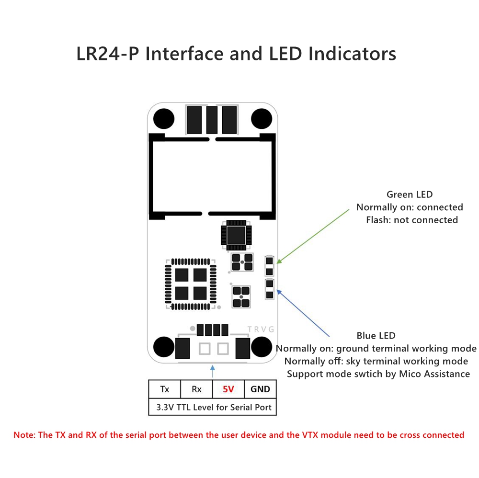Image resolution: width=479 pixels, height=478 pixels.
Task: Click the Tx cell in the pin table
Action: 164,389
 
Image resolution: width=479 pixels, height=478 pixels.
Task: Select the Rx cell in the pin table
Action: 196,389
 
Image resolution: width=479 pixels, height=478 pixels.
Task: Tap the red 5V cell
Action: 228,389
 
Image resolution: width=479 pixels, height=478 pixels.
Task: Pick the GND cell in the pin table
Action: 260,389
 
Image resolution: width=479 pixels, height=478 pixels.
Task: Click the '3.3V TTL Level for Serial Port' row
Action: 214,408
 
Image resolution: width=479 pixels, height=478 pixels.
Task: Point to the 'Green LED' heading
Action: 410,194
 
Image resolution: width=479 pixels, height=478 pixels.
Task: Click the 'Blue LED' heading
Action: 376,336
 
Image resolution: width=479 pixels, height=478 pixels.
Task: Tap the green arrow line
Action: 314,236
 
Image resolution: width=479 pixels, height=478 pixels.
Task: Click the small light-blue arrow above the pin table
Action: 213,371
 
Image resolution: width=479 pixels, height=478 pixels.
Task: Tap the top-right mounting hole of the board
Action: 261,118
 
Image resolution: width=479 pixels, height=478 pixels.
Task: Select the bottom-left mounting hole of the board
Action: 163,346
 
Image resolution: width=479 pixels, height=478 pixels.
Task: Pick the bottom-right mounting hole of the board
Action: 262,346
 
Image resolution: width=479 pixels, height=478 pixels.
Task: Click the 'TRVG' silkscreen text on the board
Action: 261,329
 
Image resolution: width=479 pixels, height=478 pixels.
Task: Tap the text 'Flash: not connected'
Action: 412,220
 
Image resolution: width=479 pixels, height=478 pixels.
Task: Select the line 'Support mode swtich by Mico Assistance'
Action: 378,374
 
